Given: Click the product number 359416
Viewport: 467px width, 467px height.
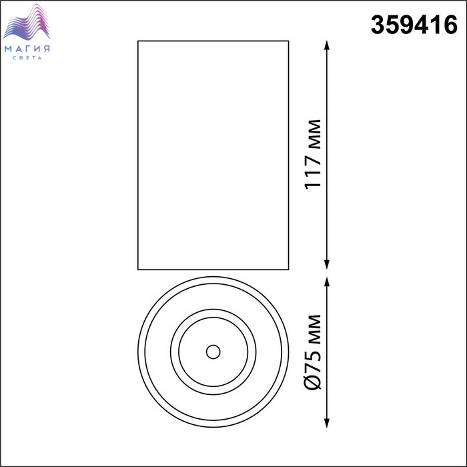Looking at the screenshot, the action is pos(414,25).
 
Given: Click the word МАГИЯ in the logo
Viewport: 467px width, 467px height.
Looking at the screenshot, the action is pos(27,49).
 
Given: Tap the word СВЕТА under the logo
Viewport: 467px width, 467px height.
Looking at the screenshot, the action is pos(27,58).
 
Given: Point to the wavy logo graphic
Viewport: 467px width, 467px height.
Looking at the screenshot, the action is pos(27,22).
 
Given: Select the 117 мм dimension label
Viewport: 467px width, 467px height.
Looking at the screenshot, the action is pos(313,154).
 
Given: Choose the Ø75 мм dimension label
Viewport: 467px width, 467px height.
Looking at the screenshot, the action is pos(313,352).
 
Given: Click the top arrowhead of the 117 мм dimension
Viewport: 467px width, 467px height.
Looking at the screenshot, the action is pos(327,45).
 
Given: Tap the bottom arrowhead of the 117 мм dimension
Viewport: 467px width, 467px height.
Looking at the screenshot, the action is pos(327,264).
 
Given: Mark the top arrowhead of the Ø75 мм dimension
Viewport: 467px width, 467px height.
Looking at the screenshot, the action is pos(327,282).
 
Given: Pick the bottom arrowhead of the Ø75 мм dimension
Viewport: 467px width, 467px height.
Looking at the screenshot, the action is pos(327,423).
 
